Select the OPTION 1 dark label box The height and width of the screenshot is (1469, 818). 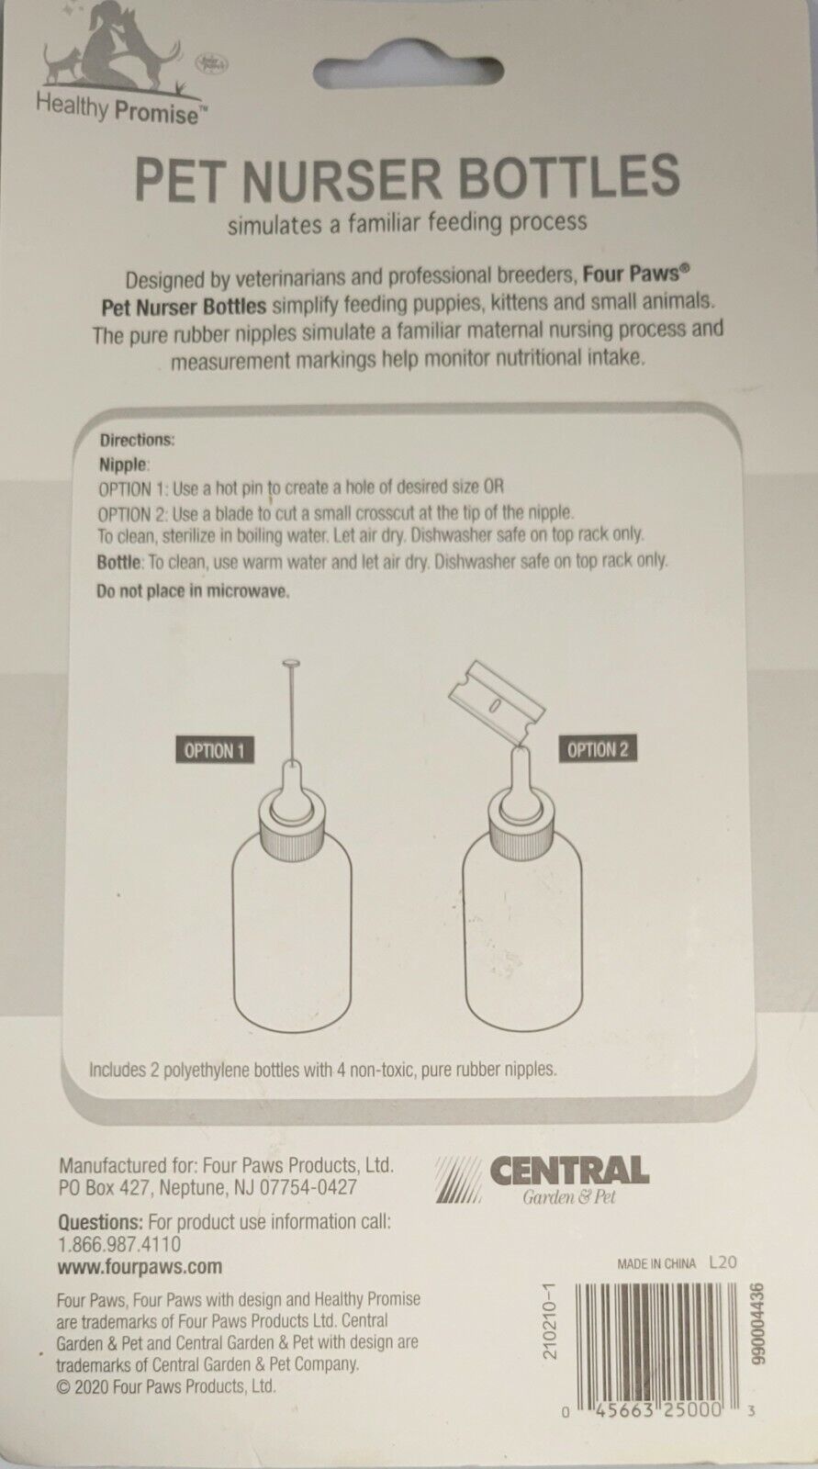tap(215, 750)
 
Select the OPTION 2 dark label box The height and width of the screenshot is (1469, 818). tap(598, 749)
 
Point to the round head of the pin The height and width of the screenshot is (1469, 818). tap(291, 665)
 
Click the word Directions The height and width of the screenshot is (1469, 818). tap(137, 440)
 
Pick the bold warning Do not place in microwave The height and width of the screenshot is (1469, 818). tap(193, 591)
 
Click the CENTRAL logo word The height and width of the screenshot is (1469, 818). tap(569, 1171)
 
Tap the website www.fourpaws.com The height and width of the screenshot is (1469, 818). tap(140, 1266)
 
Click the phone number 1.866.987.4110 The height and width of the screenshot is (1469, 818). tap(119, 1244)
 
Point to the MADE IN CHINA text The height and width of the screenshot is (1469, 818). tap(656, 1263)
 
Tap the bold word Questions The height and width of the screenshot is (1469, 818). tap(100, 1222)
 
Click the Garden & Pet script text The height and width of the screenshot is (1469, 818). tap(568, 1197)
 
